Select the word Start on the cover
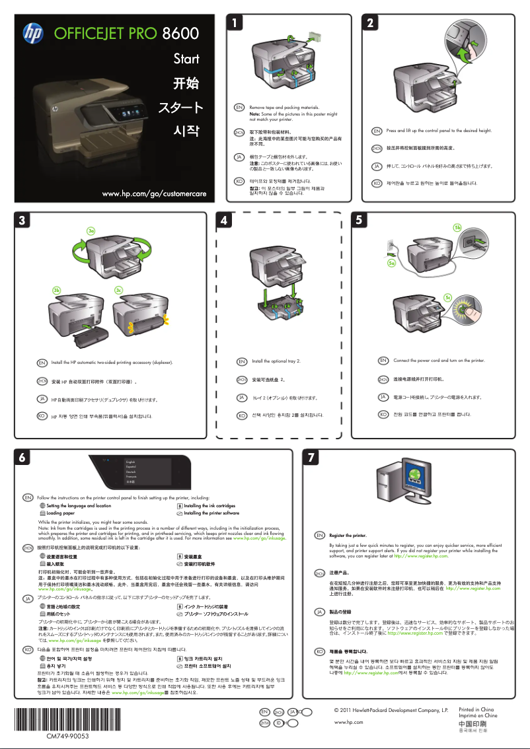[186, 59]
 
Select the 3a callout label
[92, 230]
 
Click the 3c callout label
[119, 290]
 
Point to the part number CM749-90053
[68, 735]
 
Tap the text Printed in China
[476, 709]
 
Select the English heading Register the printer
[348, 535]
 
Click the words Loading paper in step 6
[60, 513]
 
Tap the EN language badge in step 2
[376, 131]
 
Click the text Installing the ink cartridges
[209, 505]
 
